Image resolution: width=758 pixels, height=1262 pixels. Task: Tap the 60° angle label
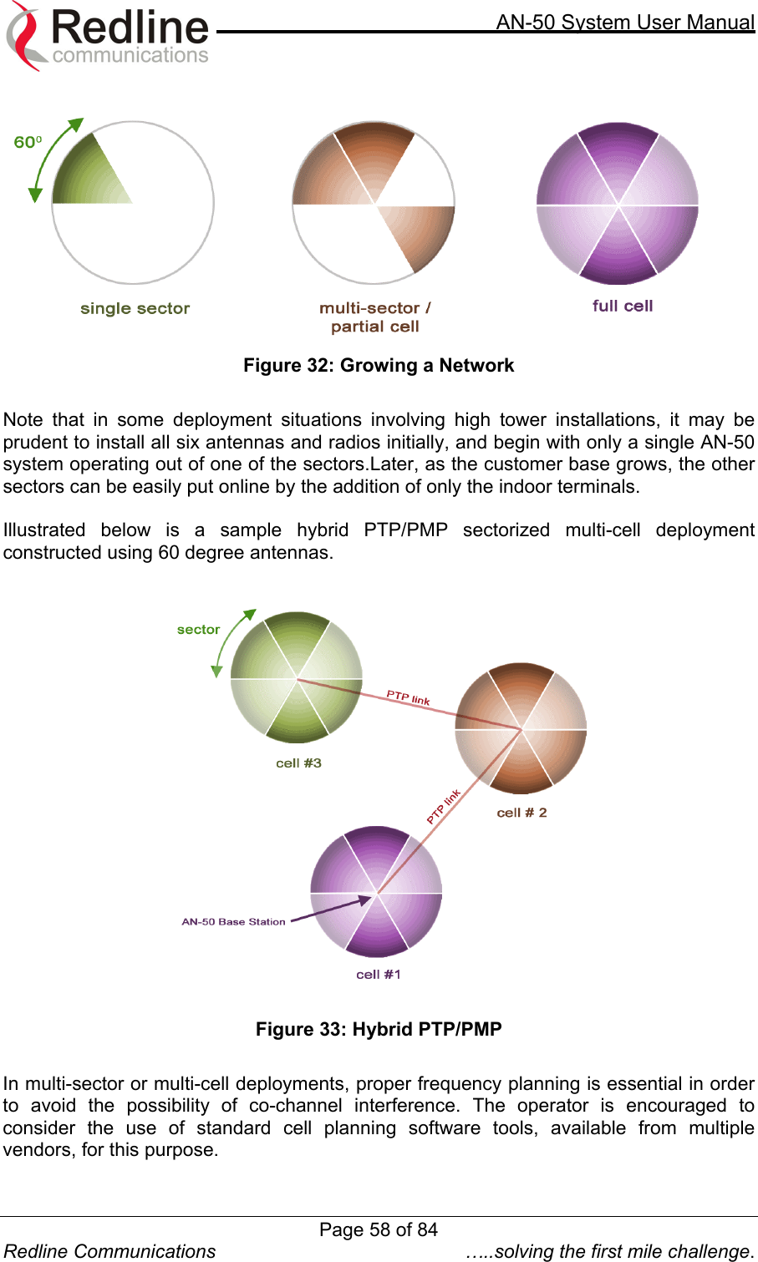27,142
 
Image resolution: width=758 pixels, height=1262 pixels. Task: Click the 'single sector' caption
135,308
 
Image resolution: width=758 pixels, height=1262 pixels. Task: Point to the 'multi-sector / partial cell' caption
375,317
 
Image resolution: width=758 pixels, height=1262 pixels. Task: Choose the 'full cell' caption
623,306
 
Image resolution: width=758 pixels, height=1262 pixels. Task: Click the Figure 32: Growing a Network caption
379,365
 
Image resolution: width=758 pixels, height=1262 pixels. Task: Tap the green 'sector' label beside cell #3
198,630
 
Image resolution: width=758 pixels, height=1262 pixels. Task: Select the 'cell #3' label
298,763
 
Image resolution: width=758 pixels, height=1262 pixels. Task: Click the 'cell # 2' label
521,812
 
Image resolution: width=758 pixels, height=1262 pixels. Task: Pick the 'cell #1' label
379,974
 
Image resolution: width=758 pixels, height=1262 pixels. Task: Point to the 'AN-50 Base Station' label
233,921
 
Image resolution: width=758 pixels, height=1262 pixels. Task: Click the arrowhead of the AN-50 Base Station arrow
366,900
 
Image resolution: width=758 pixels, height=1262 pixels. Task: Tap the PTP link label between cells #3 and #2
408,697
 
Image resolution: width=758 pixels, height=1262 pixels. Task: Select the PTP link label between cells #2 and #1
444,806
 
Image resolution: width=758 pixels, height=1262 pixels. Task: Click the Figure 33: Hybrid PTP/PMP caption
379,1029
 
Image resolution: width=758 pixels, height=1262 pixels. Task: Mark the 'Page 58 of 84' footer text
379,1229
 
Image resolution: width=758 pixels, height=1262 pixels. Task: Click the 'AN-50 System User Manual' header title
625,22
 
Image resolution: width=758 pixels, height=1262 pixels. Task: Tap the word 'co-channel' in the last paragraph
295,1105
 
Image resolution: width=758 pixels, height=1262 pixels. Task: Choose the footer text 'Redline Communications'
110,1251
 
